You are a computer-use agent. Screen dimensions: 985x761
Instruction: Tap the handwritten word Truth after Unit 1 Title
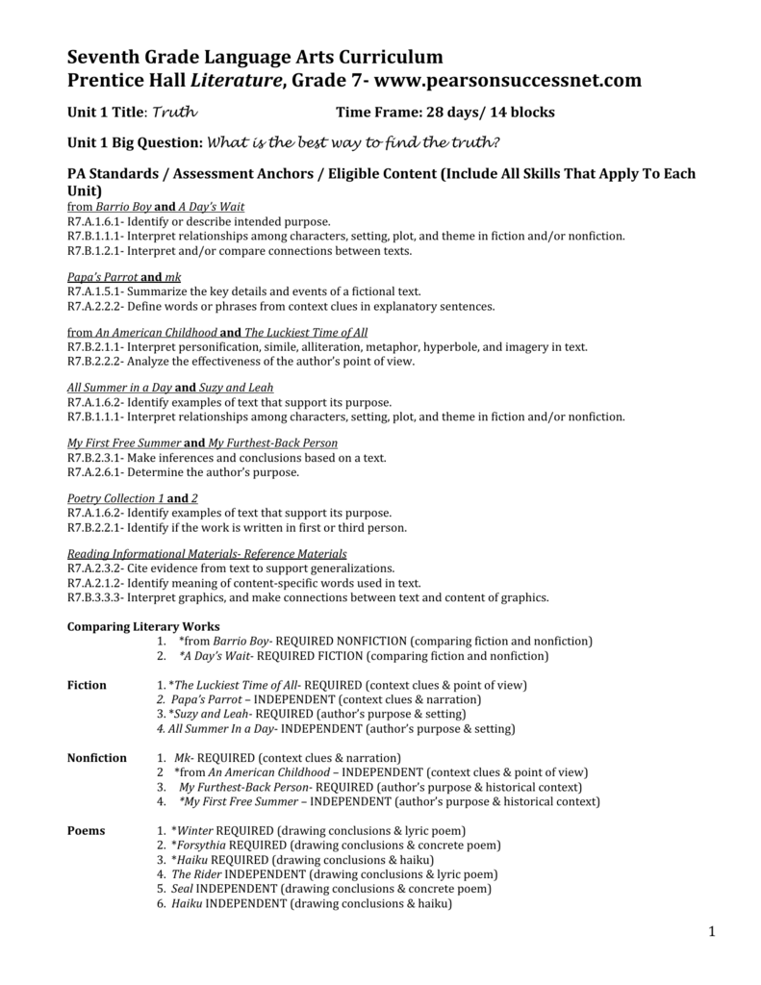click(175, 113)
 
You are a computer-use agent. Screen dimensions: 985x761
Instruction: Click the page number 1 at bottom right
click(713, 930)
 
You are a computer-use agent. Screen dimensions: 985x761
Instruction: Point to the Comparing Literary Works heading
click(142, 625)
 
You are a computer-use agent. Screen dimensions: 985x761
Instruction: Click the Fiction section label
click(87, 685)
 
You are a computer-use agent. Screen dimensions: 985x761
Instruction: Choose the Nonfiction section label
click(96, 758)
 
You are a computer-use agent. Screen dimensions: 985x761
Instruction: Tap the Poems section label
click(87, 830)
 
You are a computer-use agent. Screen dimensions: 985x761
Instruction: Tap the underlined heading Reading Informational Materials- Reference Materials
click(207, 554)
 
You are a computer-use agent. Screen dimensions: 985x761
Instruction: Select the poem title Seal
click(182, 889)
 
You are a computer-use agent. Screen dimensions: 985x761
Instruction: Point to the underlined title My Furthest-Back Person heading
click(272, 443)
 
